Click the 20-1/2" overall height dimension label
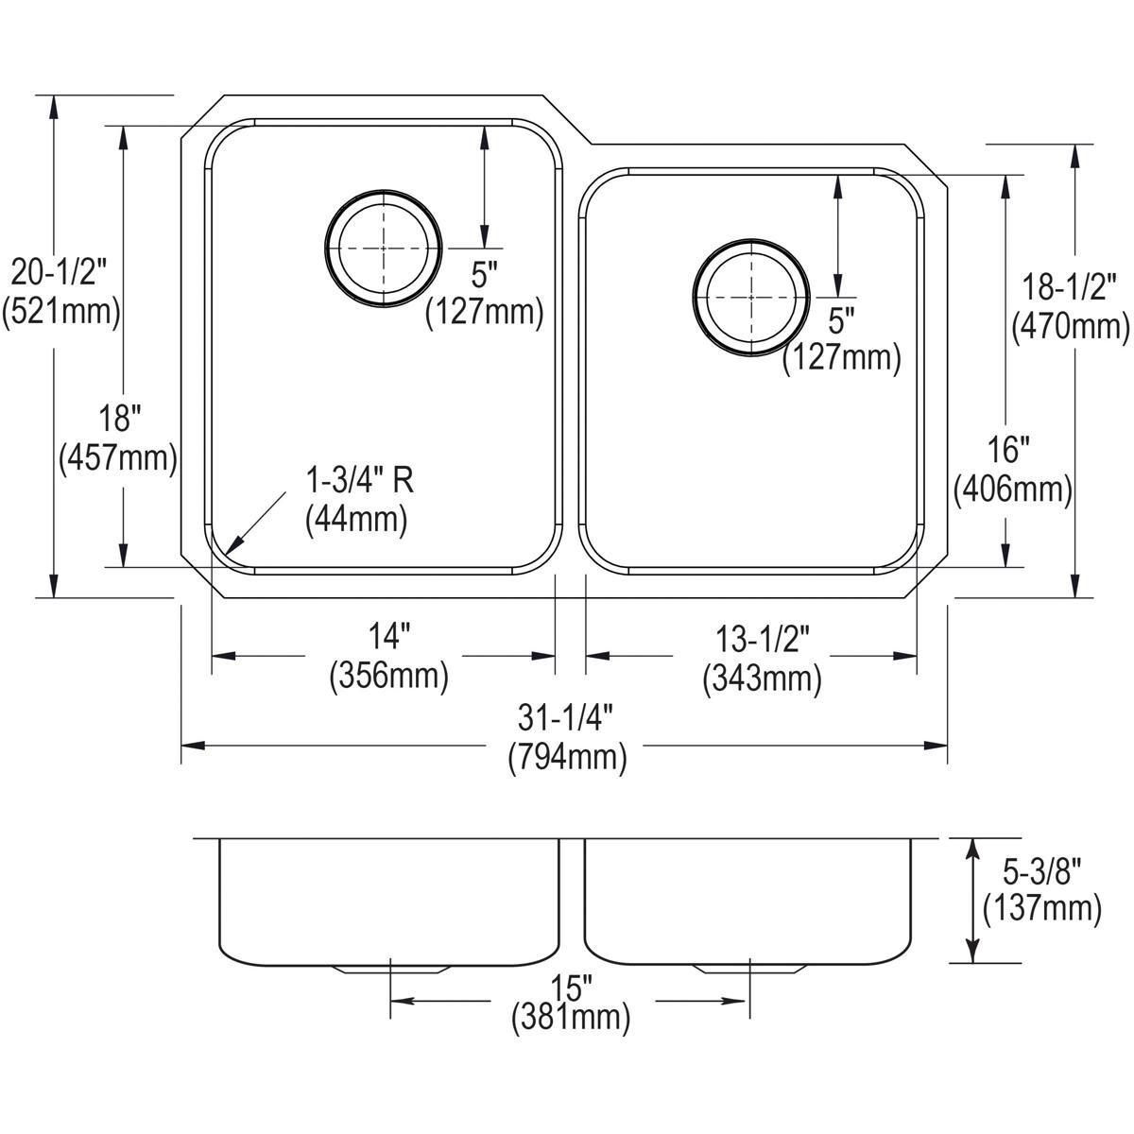pyautogui.click(x=61, y=273)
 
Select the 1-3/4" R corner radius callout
pyautogui.click(x=359, y=482)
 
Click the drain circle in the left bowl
pyautogui.click(x=384, y=249)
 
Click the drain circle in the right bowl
pyautogui.click(x=750, y=297)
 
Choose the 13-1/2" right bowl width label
pyautogui.click(x=762, y=640)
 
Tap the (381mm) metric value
pyautogui.click(x=571, y=1019)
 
